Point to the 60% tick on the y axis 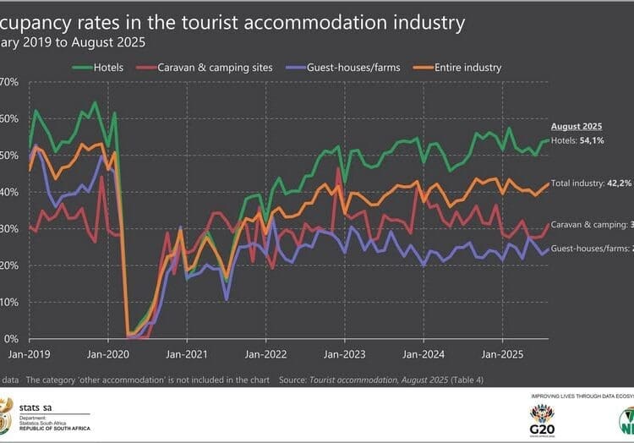(10, 119)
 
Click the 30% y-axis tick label (10, 229)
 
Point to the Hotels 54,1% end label (580, 139)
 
